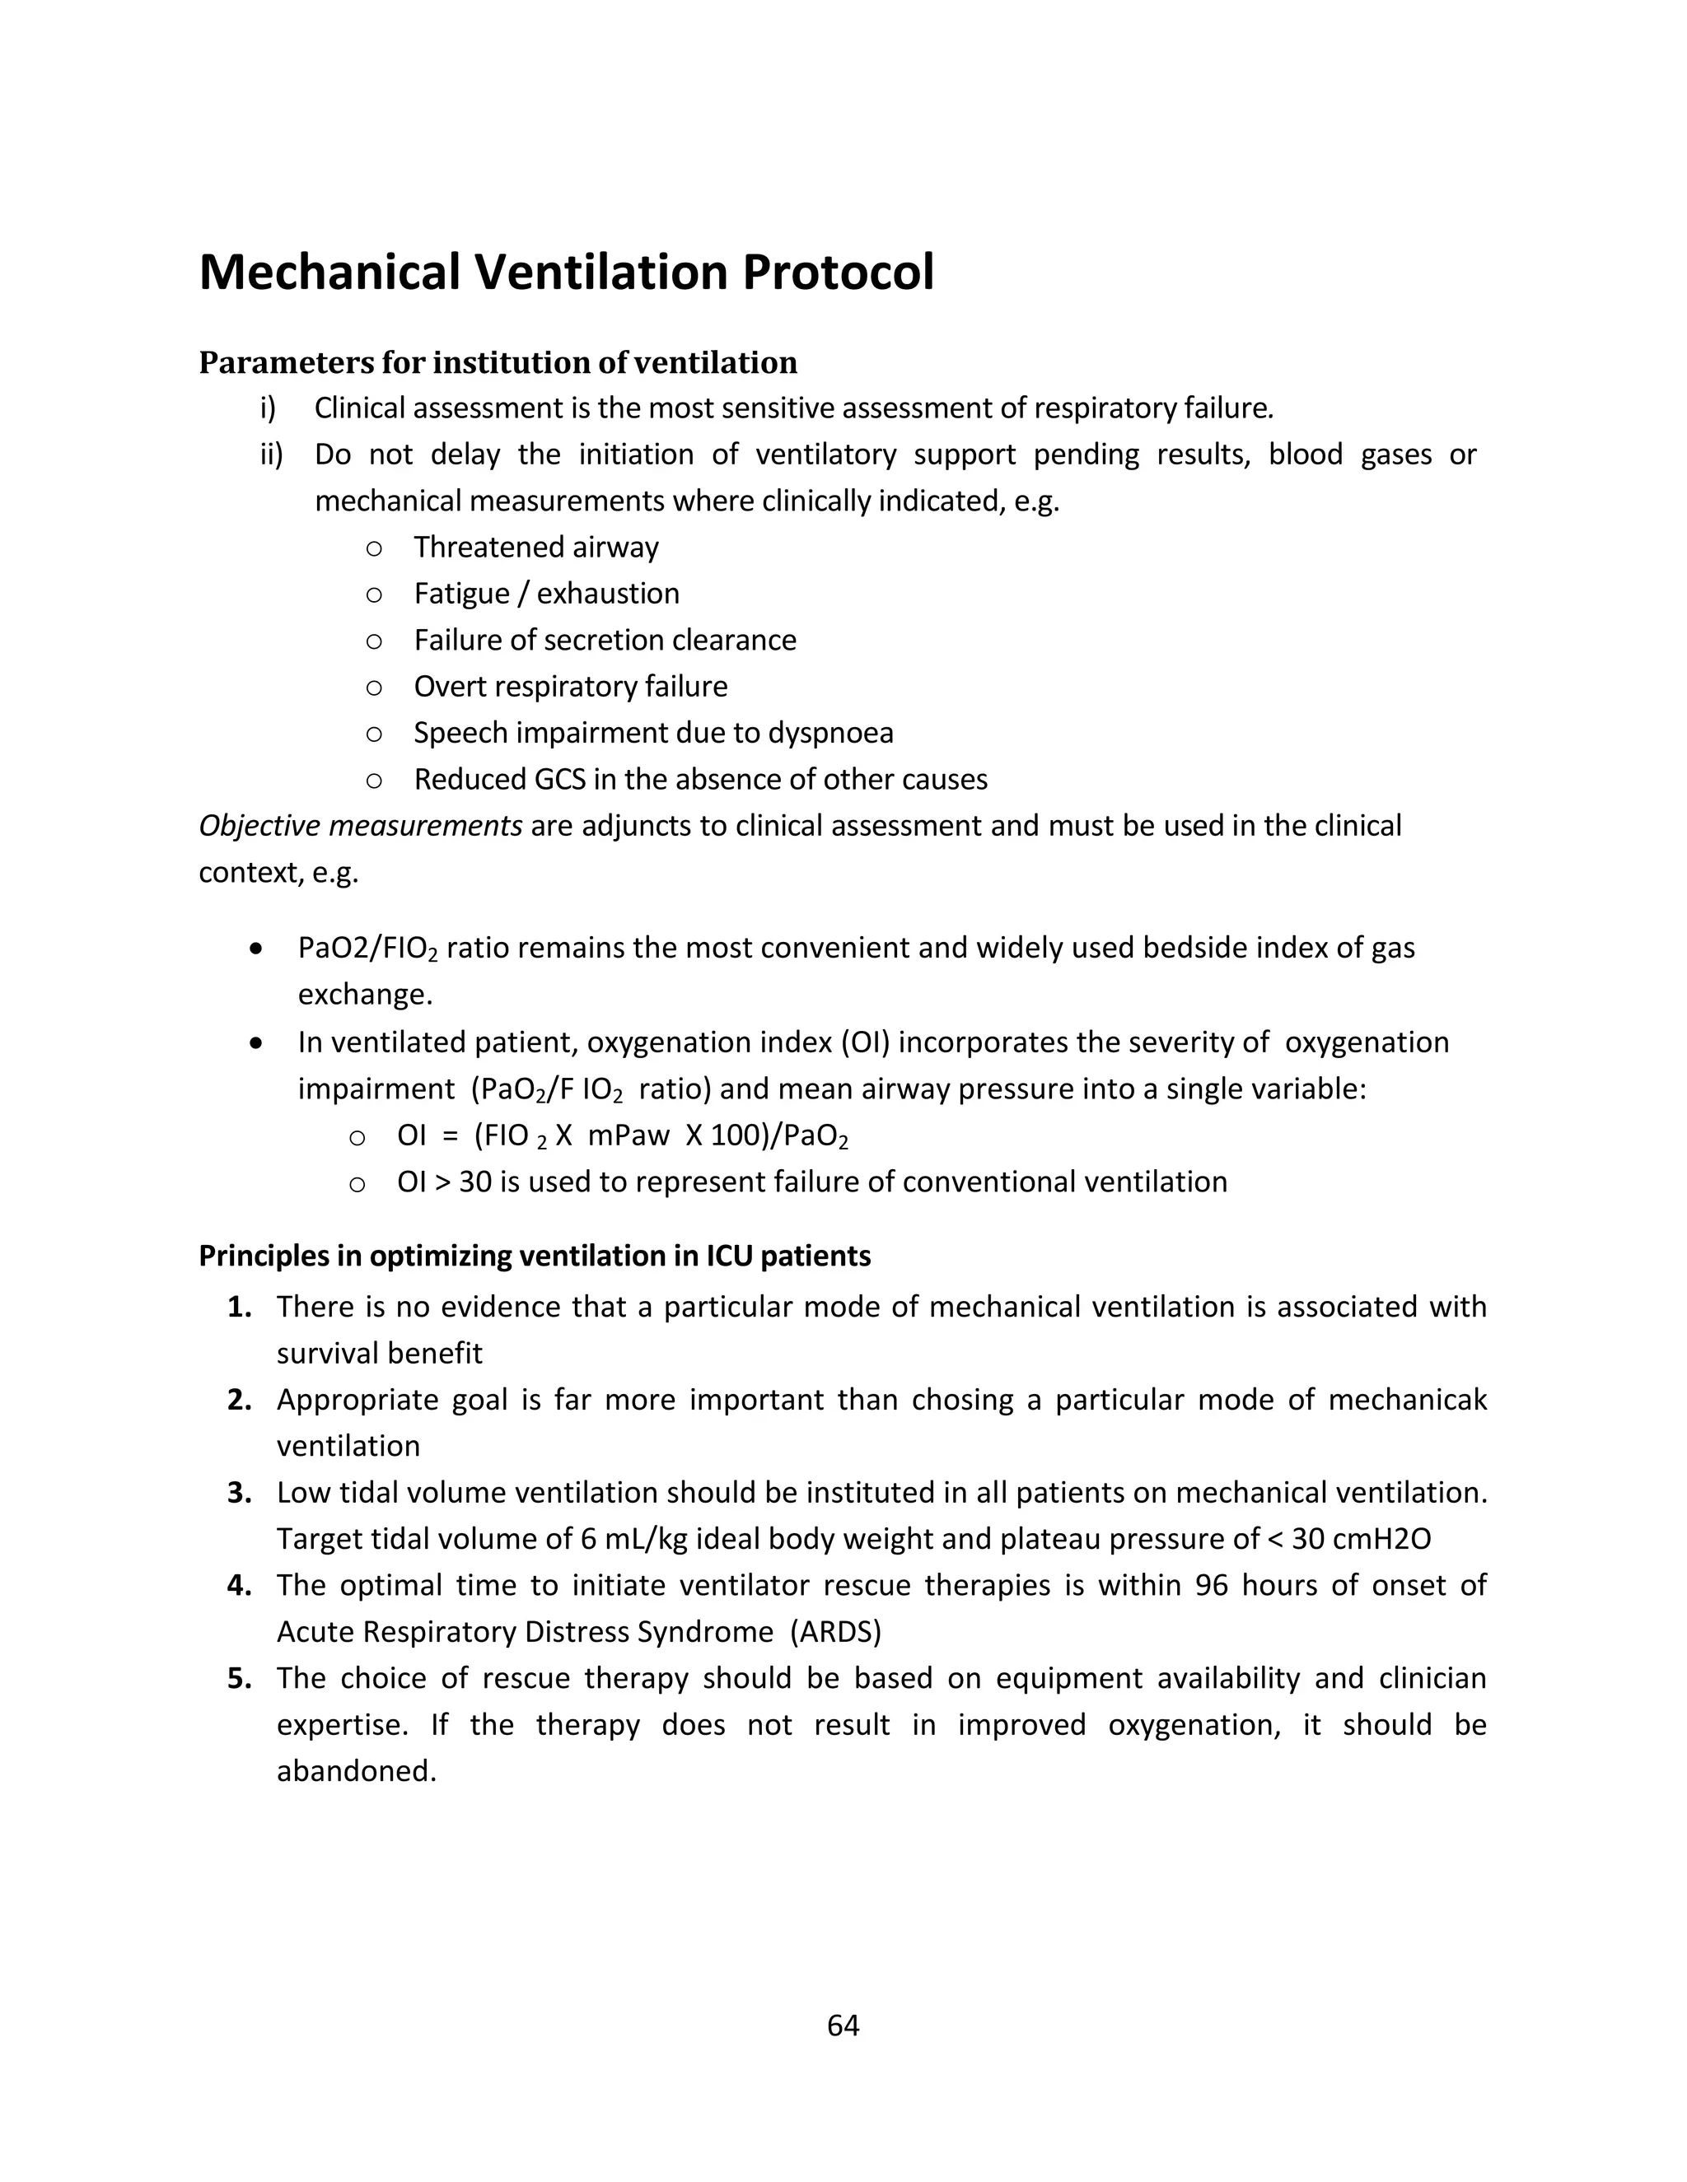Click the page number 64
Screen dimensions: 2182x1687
(x=843, y=2026)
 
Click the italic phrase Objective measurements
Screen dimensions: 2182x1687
(x=360, y=826)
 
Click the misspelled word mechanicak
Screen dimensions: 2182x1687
(x=1407, y=1400)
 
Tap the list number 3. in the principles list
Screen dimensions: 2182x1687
(x=239, y=1493)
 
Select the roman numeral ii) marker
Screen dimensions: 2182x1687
(x=271, y=455)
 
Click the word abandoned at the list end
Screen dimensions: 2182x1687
(x=356, y=1770)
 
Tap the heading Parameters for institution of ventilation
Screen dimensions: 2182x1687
(x=498, y=362)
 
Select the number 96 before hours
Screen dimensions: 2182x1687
(x=1211, y=1586)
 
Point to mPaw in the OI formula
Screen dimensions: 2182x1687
(x=629, y=1136)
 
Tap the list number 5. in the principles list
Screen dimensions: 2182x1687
(x=239, y=1678)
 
